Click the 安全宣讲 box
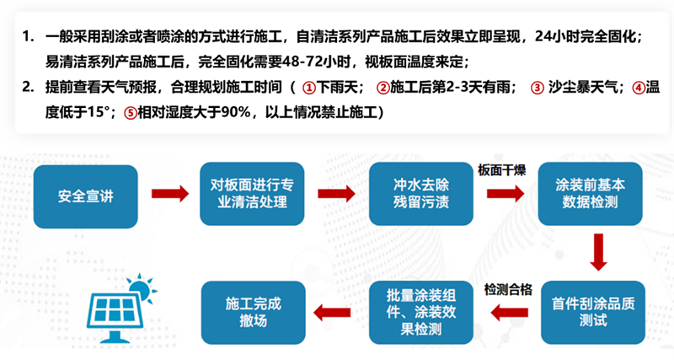[86, 196]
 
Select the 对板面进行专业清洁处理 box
[252, 194]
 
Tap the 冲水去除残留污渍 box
[420, 194]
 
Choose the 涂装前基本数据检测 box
[591, 194]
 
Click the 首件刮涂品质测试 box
[593, 312]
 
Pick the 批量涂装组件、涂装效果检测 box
[420, 312]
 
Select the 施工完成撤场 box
[254, 312]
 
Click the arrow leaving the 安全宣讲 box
[170, 194]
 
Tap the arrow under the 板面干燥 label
[505, 194]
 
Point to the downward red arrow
[598, 252]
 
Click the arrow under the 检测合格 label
[510, 312]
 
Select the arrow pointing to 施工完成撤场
[332, 312]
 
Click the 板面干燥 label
[501, 170]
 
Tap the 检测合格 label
[508, 289]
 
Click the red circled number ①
[308, 89]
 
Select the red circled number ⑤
[131, 113]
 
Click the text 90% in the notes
[236, 112]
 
